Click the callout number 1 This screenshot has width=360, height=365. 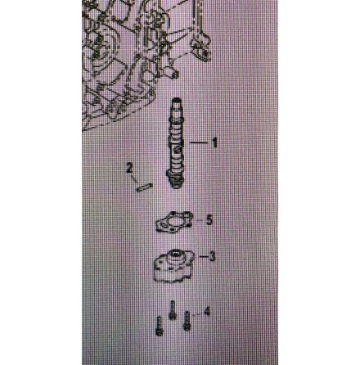(214, 142)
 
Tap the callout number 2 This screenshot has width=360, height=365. (129, 168)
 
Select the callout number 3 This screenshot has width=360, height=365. (212, 256)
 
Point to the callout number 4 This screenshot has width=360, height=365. (207, 311)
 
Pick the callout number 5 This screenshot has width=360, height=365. (209, 219)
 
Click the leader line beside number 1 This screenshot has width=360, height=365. (198, 142)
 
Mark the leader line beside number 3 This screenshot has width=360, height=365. (204, 256)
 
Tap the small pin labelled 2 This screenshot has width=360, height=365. (145, 187)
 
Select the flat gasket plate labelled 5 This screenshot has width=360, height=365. (174, 222)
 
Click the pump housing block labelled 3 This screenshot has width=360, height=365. (173, 265)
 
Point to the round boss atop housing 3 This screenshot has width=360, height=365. (174, 255)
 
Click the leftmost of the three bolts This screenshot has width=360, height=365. (159, 326)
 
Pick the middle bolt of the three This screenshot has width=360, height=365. (172, 310)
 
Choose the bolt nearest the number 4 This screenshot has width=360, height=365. (187, 321)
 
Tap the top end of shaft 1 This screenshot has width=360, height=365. (176, 100)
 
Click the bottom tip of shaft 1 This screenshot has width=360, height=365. (176, 187)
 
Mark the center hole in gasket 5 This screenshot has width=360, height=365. (174, 222)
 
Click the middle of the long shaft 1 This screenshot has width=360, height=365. (176, 143)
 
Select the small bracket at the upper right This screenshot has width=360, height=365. (201, 47)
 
